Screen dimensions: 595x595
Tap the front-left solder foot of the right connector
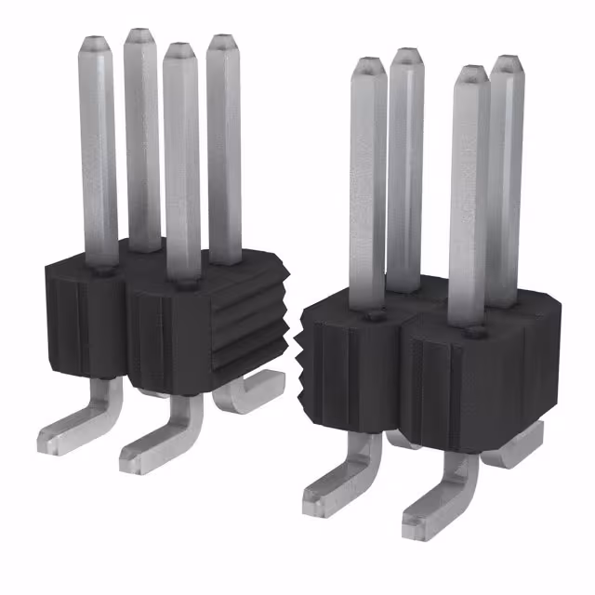(330, 483)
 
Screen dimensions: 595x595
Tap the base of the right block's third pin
(472, 328)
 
